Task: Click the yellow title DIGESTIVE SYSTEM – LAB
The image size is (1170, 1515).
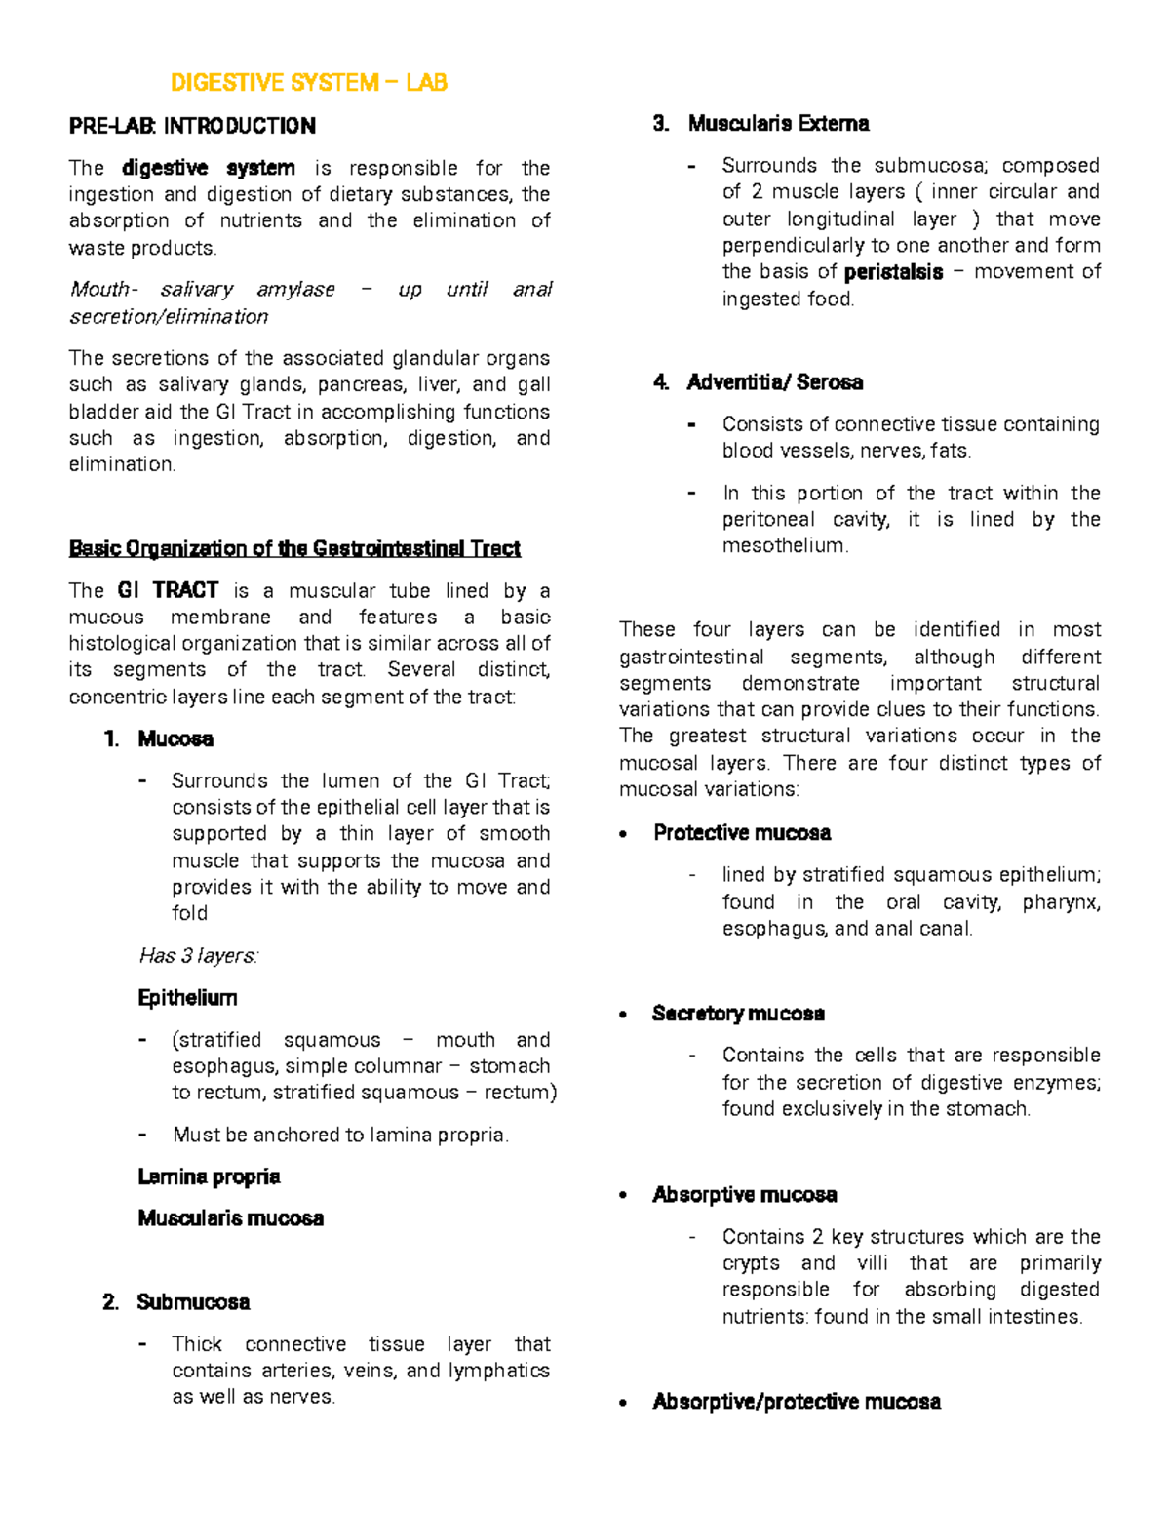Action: click(x=309, y=83)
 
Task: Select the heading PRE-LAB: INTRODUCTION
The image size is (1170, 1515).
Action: click(x=192, y=126)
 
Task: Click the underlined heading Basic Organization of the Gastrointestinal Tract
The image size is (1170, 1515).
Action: click(x=294, y=548)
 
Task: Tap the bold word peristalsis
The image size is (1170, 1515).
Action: click(x=893, y=272)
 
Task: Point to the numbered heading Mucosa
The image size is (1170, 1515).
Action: click(x=175, y=738)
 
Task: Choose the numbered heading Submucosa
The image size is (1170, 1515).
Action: click(x=193, y=1302)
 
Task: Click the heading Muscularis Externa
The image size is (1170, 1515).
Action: click(x=778, y=123)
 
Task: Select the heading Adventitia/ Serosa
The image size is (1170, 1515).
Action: click(x=774, y=382)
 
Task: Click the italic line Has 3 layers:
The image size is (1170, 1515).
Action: click(x=199, y=956)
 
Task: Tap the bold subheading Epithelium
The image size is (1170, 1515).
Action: click(x=188, y=998)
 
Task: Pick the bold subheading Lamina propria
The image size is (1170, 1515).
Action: click(x=209, y=1176)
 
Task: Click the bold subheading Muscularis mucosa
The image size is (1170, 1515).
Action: click(x=231, y=1218)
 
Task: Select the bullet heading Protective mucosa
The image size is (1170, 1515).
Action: click(x=742, y=833)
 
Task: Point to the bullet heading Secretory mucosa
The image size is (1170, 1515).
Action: click(x=738, y=1014)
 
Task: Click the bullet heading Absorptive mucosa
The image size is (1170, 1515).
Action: click(x=745, y=1195)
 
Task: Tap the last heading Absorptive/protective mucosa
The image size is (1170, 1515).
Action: click(x=796, y=1402)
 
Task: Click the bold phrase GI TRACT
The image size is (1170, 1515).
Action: click(x=168, y=590)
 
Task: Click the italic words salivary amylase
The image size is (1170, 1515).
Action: click(x=247, y=290)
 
